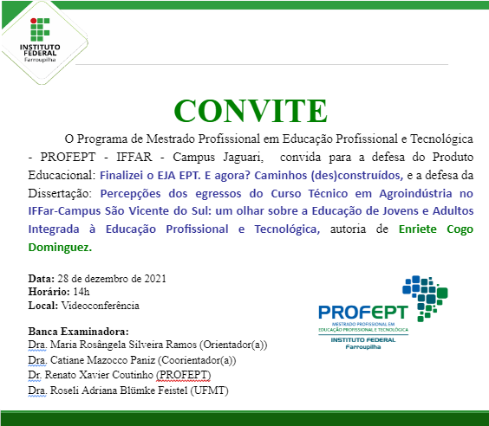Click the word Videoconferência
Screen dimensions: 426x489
click(x=101, y=305)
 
